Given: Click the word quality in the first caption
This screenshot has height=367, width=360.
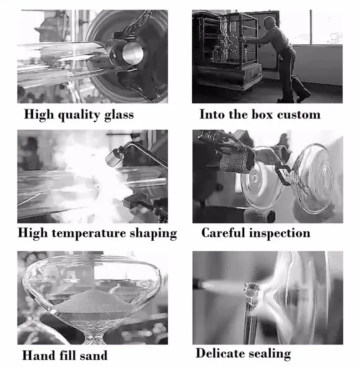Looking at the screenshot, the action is [79, 115].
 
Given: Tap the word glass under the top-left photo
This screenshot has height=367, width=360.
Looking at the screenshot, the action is [119, 115].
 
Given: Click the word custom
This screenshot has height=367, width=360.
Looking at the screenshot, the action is [299, 115].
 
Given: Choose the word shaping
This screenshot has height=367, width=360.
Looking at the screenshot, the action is [154, 233].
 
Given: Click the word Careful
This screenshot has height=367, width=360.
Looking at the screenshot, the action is [223, 233].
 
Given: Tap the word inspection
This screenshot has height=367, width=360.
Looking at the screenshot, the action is [280, 233].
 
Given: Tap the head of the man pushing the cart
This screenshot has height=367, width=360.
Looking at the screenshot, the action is [270, 22].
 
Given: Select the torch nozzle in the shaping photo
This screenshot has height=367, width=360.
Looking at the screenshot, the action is [113, 156].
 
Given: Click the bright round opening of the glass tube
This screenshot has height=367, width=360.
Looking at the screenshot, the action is [133, 53].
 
